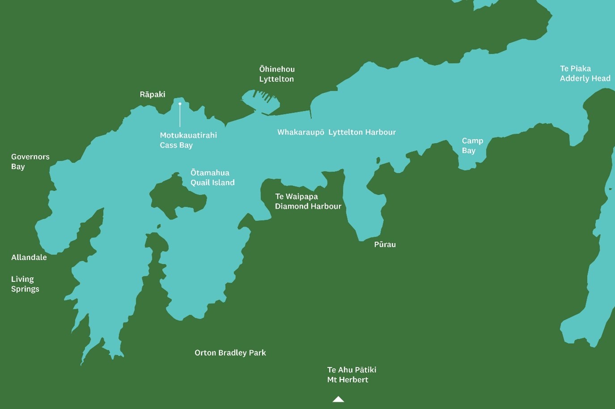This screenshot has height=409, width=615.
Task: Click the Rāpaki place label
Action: click(x=153, y=94)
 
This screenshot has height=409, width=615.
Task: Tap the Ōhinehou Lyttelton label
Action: click(x=277, y=74)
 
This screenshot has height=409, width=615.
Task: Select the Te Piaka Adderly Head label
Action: click(x=585, y=74)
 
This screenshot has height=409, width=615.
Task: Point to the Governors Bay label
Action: click(x=30, y=162)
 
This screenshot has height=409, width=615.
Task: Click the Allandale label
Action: click(x=29, y=257)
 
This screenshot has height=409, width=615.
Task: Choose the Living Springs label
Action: click(x=25, y=284)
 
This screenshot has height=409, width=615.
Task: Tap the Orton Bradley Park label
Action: click(x=230, y=353)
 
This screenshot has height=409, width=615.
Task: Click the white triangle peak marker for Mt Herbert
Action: click(x=338, y=399)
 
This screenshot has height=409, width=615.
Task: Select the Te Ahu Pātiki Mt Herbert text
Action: click(x=352, y=375)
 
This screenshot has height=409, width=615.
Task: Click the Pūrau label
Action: click(x=385, y=245)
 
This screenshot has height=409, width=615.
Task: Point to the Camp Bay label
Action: click(x=472, y=146)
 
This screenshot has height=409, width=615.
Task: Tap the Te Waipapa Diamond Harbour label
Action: click(x=308, y=201)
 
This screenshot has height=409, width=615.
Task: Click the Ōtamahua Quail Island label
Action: click(x=212, y=178)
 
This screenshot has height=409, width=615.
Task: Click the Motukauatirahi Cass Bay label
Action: click(x=188, y=140)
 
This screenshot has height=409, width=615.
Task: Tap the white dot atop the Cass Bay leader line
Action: click(x=180, y=104)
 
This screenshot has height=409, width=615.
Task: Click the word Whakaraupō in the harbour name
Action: click(x=301, y=132)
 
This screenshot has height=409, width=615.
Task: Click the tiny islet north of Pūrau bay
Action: click(x=378, y=160)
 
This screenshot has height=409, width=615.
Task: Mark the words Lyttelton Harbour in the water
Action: click(x=362, y=132)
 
